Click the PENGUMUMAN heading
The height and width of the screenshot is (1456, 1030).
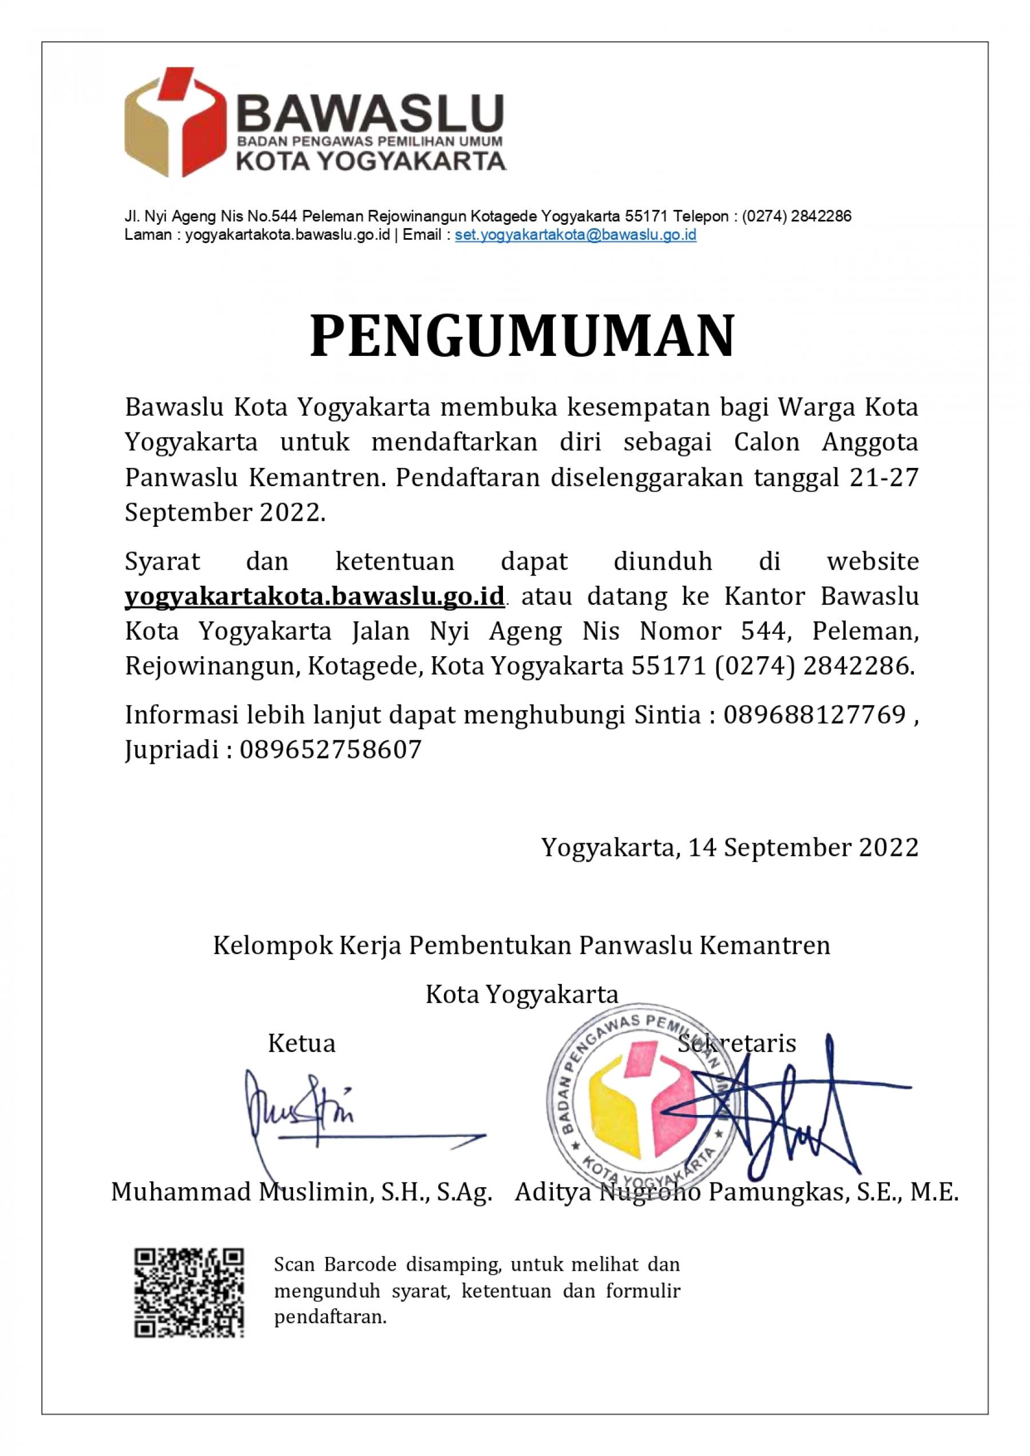522,336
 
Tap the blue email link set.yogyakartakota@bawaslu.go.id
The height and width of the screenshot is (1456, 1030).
575,235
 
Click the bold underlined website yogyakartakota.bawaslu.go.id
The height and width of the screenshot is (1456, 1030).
315,596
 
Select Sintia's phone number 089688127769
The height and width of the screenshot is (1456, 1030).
814,715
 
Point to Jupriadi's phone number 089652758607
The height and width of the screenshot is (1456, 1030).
330,749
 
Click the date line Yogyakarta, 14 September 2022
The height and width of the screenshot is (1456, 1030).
730,847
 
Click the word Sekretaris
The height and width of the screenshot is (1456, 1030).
736,1043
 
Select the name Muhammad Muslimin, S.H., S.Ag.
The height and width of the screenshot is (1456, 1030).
302,1192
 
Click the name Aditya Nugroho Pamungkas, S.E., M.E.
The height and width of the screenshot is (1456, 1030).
736,1192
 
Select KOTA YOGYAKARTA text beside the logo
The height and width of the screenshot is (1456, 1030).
371,160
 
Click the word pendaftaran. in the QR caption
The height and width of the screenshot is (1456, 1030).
330,1318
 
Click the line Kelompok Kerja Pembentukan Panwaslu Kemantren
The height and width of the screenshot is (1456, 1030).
521,946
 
